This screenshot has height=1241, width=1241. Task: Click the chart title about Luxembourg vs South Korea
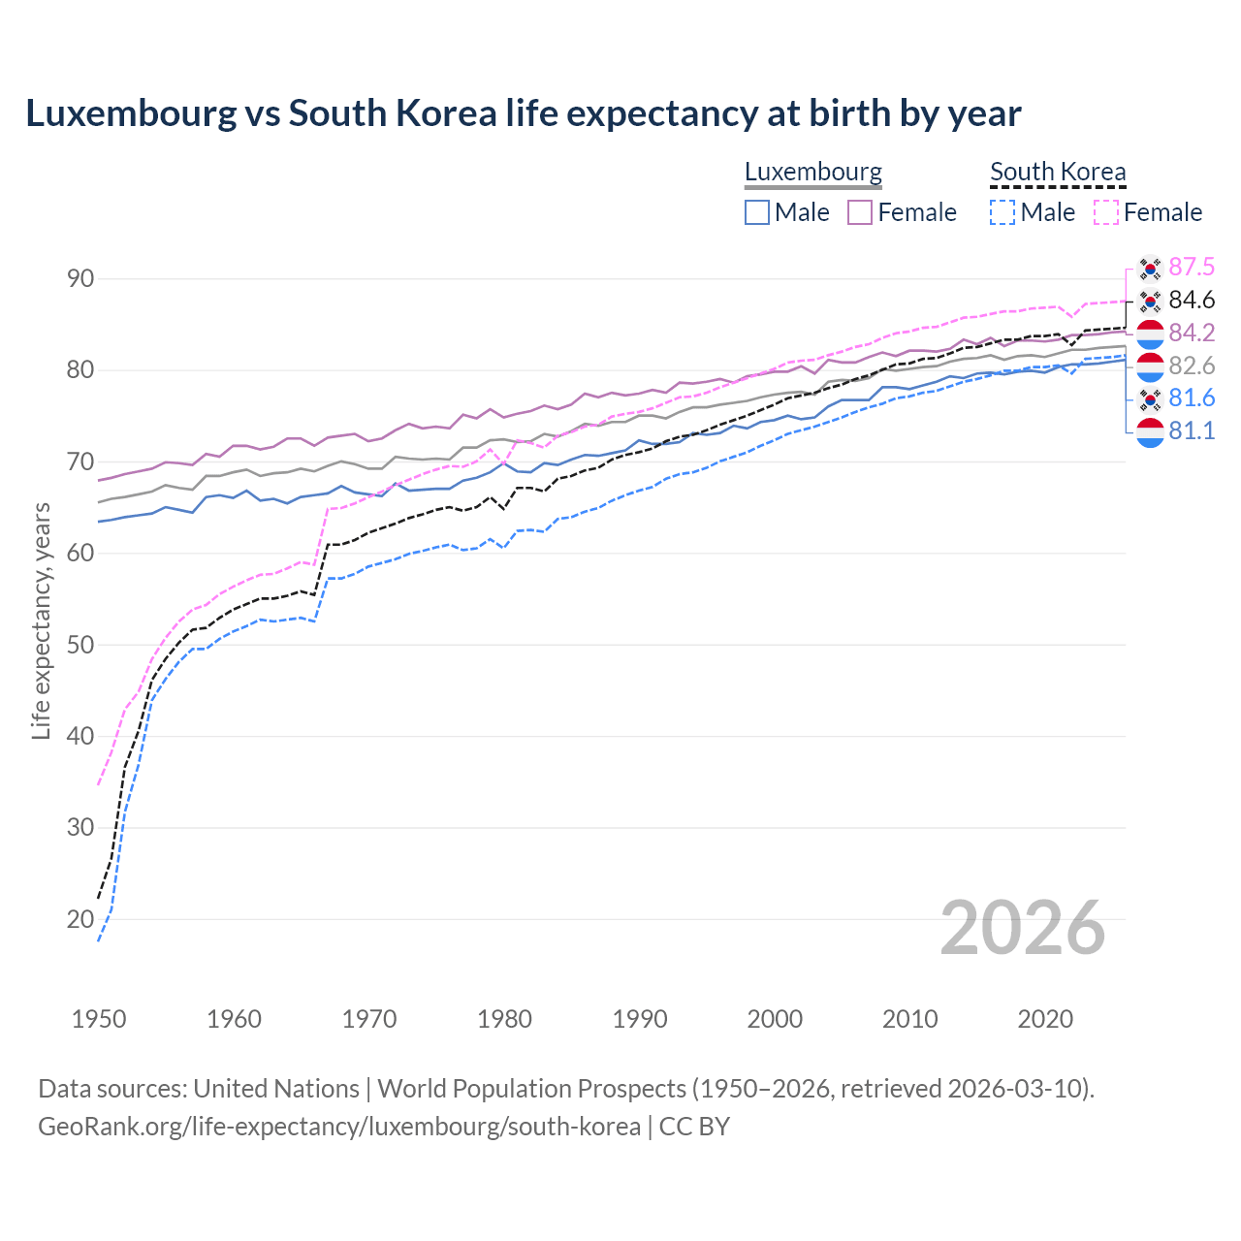(x=523, y=113)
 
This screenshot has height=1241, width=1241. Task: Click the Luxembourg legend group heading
(x=812, y=172)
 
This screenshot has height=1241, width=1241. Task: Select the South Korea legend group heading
(x=1058, y=172)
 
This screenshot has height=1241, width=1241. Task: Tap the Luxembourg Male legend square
(x=757, y=212)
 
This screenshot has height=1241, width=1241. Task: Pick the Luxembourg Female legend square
(x=861, y=212)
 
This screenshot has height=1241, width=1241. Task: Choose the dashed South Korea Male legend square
(x=1003, y=212)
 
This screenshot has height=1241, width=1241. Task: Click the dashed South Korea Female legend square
(x=1106, y=212)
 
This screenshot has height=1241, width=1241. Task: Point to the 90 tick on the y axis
(x=80, y=279)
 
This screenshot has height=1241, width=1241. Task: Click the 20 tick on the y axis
(x=80, y=919)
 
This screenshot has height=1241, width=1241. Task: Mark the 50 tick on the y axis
(x=80, y=645)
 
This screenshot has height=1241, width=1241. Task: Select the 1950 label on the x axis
(x=99, y=1019)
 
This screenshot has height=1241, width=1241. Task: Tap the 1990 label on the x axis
(x=640, y=1019)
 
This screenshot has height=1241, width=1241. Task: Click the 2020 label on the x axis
(x=1045, y=1019)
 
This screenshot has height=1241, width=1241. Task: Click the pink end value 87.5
(x=1192, y=267)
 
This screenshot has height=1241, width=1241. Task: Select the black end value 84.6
(x=1192, y=300)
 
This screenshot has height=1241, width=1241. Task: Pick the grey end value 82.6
(x=1192, y=366)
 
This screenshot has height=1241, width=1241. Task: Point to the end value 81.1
(x=1192, y=430)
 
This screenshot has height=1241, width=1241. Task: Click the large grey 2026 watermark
(x=1023, y=928)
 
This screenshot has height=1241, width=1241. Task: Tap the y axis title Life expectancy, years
(x=41, y=620)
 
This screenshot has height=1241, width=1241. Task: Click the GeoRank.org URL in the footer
(x=339, y=1127)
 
